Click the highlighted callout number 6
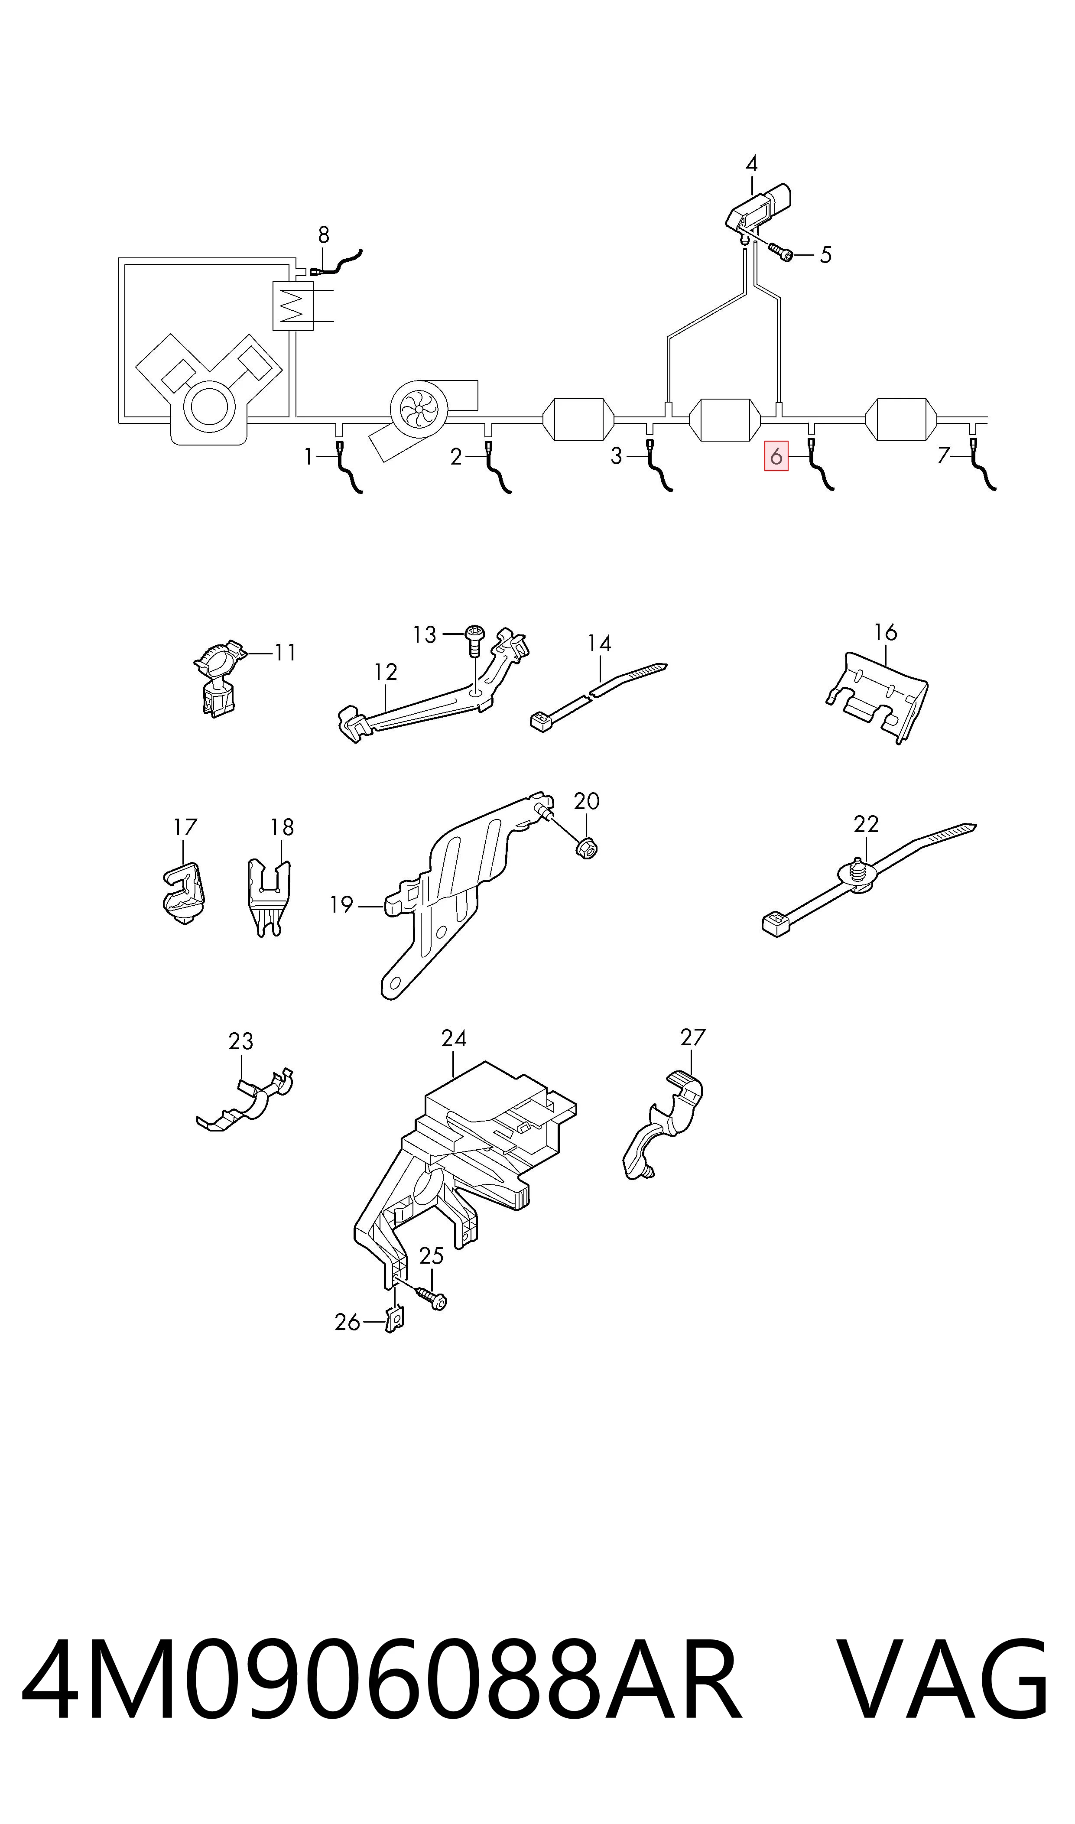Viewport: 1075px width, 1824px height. point(776,456)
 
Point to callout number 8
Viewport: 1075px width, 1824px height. point(324,235)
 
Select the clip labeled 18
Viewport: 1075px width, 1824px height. point(268,897)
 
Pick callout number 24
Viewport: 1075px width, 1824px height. point(454,1038)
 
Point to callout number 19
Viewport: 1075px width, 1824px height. point(341,905)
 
